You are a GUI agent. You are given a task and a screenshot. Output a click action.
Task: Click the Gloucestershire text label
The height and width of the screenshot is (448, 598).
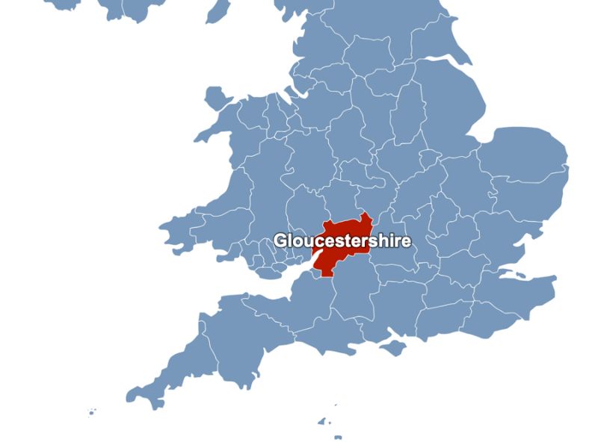coord(342,241)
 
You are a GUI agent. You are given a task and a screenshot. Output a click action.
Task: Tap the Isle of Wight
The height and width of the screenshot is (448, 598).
coord(392,346)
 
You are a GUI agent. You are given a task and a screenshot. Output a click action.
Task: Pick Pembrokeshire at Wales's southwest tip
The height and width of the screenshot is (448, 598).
coord(179,224)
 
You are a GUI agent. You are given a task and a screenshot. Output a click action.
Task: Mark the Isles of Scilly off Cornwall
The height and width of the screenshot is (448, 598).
coord(91,411)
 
